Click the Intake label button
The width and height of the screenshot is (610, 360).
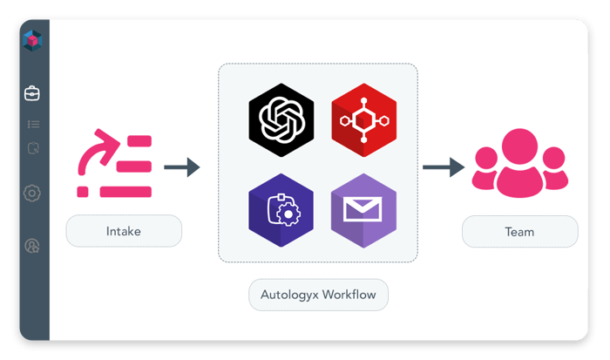click(124, 232)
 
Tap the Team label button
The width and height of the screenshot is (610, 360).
click(519, 232)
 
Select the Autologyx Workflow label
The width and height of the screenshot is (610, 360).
click(318, 295)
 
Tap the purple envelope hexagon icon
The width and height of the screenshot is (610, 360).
click(358, 210)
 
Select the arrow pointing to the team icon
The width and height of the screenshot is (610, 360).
click(443, 166)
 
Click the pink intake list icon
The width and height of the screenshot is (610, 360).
click(115, 165)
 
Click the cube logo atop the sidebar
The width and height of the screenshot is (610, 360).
click(32, 38)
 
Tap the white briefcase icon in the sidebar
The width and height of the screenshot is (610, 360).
click(32, 93)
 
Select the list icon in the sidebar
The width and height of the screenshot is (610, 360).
click(33, 125)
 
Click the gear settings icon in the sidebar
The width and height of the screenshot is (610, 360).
click(33, 193)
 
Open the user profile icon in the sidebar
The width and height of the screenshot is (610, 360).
click(33, 246)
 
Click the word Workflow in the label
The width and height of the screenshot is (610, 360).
click(349, 295)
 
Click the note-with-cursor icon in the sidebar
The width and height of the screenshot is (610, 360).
click(33, 148)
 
